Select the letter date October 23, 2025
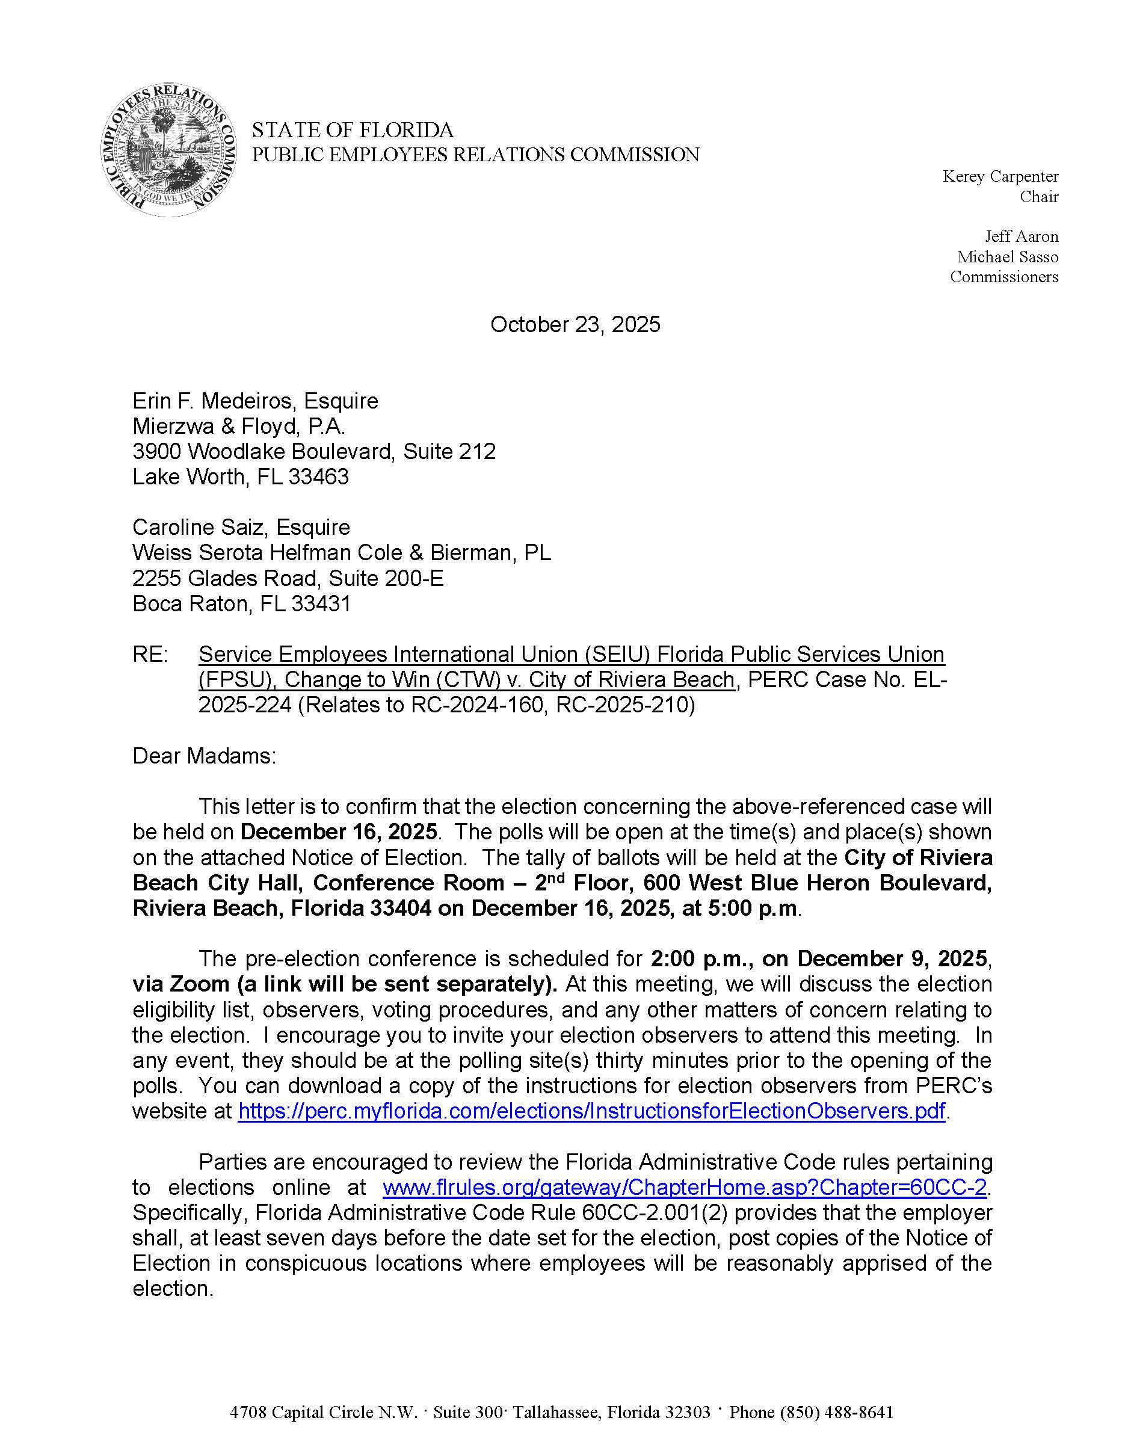point(575,325)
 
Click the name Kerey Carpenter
point(1000,177)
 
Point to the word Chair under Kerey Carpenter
point(1038,197)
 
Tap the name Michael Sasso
point(1007,257)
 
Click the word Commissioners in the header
point(1003,277)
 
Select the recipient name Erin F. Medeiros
point(212,401)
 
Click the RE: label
point(150,654)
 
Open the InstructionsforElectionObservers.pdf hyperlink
point(591,1111)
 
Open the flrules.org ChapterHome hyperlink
point(684,1186)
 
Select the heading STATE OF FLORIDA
point(353,129)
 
